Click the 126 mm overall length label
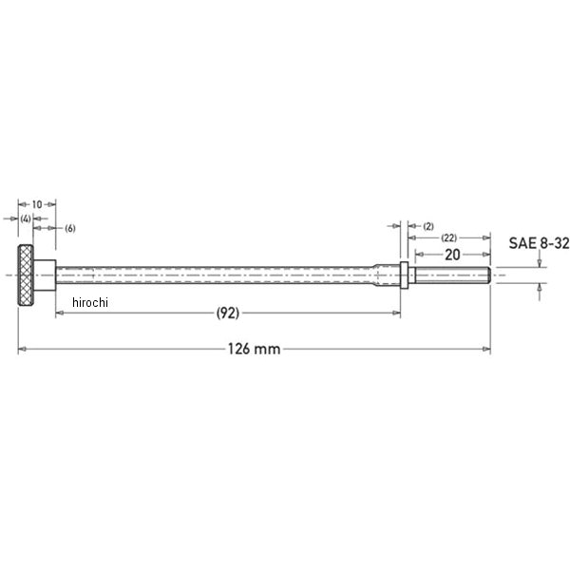point(254,349)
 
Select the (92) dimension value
point(228,313)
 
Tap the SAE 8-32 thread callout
point(539,243)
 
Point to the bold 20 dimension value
point(452,255)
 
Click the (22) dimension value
point(448,238)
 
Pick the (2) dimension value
point(428,226)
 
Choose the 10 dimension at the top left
point(37,204)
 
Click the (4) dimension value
point(26,218)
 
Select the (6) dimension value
point(70,228)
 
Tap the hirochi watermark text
point(90,302)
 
